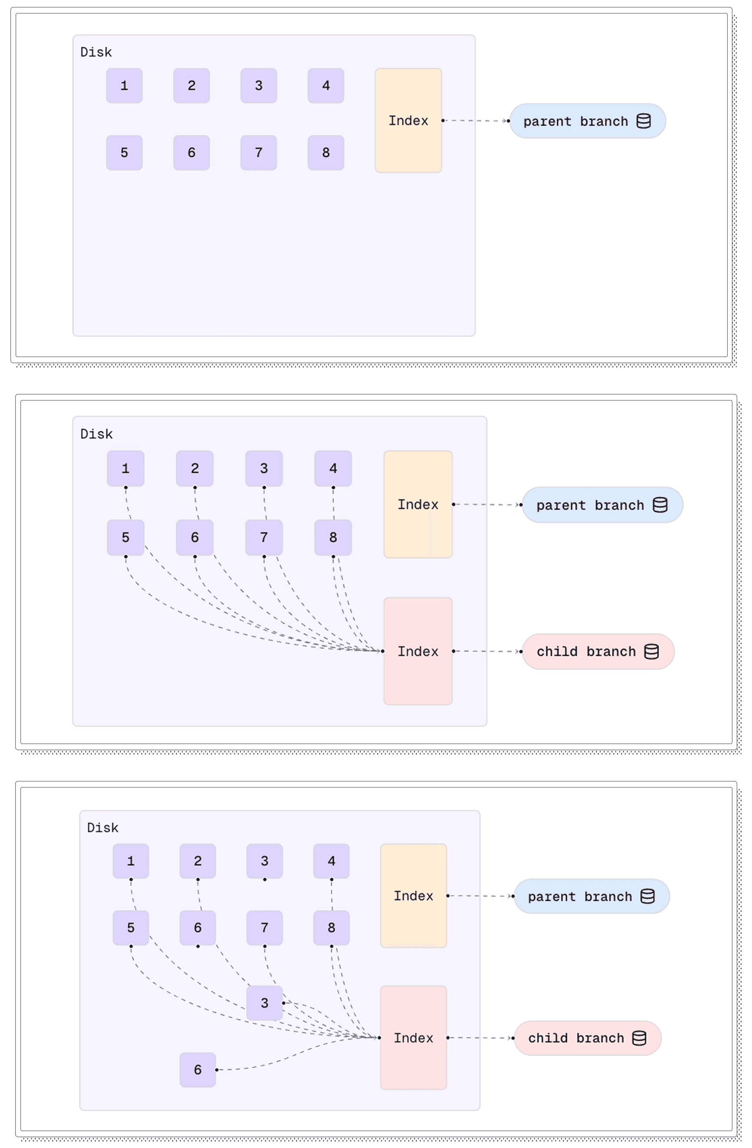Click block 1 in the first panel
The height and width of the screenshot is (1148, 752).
[x=124, y=86]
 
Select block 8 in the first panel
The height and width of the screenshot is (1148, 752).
[x=326, y=152]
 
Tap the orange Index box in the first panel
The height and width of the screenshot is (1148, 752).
[x=408, y=120]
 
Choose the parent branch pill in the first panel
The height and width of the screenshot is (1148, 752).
[x=587, y=121]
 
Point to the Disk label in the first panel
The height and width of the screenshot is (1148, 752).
[x=96, y=52]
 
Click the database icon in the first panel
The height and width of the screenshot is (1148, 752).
[x=643, y=121]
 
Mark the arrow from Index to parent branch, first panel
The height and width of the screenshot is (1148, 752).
[x=476, y=121]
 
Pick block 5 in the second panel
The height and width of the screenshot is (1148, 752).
[x=126, y=537]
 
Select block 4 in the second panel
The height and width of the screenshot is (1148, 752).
[x=333, y=468]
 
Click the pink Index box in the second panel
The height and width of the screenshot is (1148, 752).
[x=418, y=651]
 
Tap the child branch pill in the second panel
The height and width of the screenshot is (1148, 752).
[x=598, y=652]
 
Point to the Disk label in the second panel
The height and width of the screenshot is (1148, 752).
[x=96, y=434]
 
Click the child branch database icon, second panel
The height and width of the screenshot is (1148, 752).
[x=652, y=652]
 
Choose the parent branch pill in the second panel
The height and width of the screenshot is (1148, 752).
[x=602, y=505]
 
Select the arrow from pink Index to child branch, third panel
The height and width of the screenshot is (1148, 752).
[x=480, y=1038]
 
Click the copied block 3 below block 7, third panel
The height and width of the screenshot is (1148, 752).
[x=264, y=1003]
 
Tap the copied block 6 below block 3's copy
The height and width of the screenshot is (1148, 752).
[x=197, y=1069]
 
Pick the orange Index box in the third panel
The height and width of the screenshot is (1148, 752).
[x=413, y=896]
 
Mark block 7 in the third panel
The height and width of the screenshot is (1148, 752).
[x=264, y=927]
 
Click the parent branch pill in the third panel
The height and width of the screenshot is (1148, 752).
[x=591, y=896]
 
